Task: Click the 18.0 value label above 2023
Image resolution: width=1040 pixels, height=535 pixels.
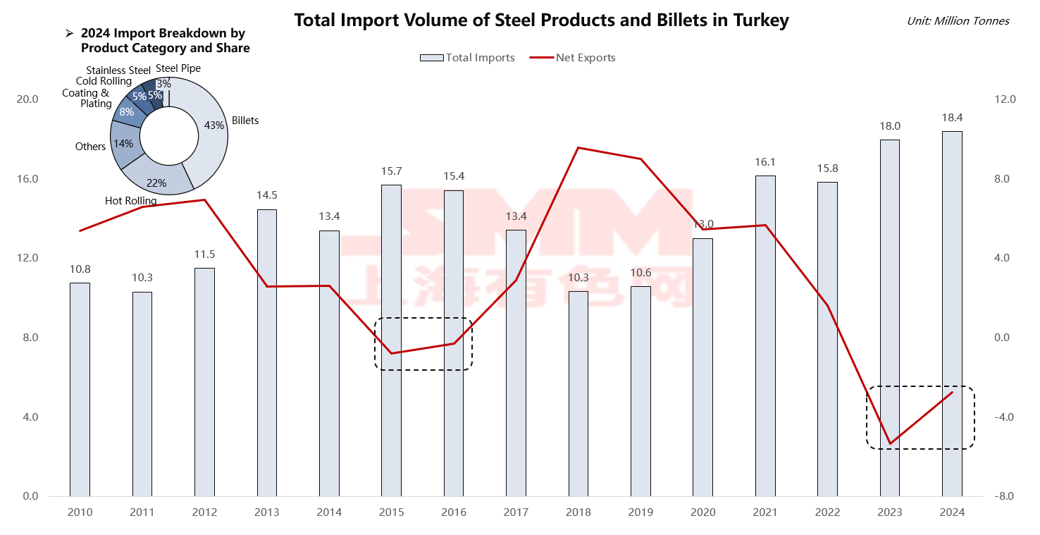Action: (890, 126)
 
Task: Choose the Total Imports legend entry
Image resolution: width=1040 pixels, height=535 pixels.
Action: (468, 58)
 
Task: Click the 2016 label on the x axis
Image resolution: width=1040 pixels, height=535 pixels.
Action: (453, 512)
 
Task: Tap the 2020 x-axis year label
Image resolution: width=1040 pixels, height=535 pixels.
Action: (702, 512)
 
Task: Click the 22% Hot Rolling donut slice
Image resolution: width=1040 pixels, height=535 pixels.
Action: (158, 180)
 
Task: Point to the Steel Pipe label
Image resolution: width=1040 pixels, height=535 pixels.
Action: (178, 68)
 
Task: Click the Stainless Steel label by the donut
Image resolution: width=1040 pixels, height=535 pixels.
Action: (118, 70)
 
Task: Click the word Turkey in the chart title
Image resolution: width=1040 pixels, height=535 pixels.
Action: (755, 20)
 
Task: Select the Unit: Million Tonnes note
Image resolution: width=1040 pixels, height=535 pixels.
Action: (958, 21)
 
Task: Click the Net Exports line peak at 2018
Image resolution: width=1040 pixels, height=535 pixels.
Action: (578, 147)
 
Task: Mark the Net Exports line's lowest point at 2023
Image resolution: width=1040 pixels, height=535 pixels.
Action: (890, 444)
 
